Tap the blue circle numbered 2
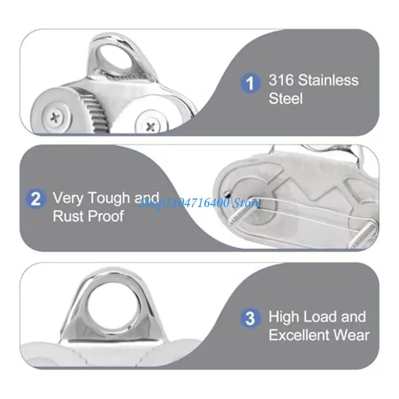coord(36,200)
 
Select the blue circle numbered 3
coord(250,318)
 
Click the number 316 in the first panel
coord(281,80)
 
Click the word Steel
coord(286,98)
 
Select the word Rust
coord(68,217)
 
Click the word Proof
coord(105,217)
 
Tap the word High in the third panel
coord(285,317)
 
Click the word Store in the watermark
coord(247,202)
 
